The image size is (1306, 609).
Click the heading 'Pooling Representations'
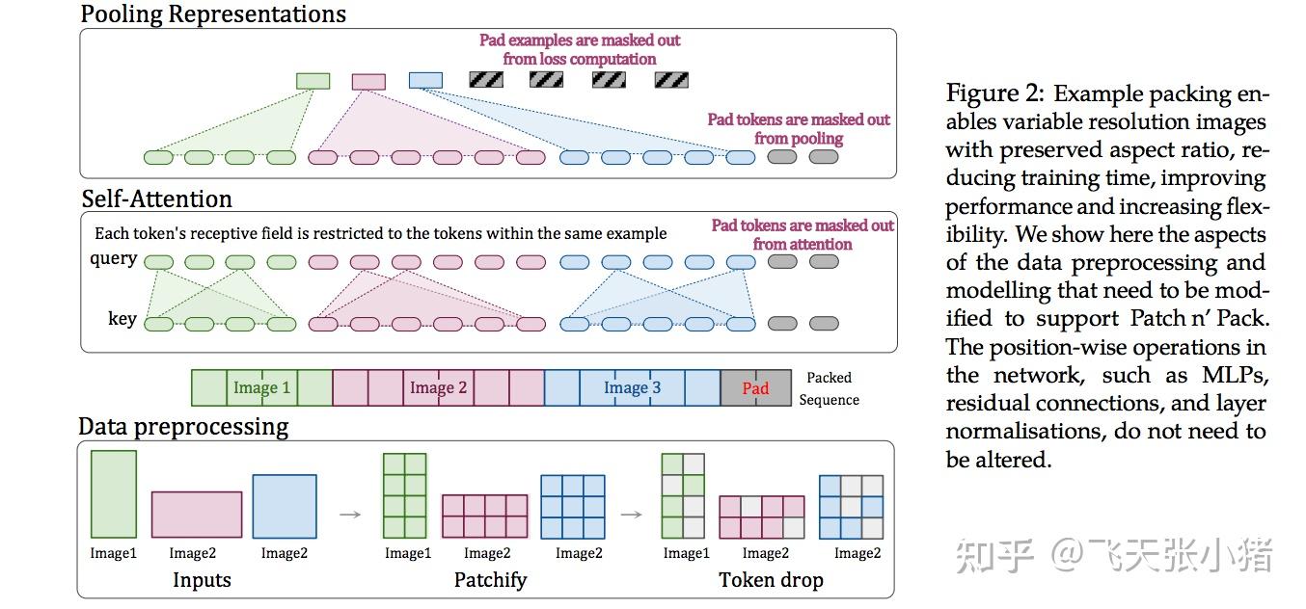click(x=212, y=13)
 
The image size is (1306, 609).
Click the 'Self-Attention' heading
click(x=156, y=199)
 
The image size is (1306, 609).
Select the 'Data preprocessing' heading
click(x=183, y=426)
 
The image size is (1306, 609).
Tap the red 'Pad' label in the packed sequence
click(x=755, y=388)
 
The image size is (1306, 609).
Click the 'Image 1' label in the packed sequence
click(x=261, y=388)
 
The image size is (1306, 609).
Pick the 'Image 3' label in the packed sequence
click(x=632, y=388)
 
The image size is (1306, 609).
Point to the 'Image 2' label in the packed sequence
click(x=438, y=388)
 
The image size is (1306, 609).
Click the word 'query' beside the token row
click(x=114, y=260)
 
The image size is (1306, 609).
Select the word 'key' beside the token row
click(x=122, y=319)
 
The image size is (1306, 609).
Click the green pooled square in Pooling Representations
click(x=313, y=81)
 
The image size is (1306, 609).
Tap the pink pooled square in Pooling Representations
click(x=368, y=82)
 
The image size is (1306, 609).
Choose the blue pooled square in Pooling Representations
click(x=425, y=81)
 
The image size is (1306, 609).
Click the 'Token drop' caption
click(x=772, y=580)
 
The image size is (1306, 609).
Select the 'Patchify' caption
click(x=490, y=580)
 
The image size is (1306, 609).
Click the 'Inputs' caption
click(x=202, y=580)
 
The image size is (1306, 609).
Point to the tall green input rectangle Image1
click(x=113, y=493)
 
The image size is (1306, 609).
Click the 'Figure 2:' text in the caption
click(x=994, y=94)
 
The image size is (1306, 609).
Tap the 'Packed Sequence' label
click(x=829, y=388)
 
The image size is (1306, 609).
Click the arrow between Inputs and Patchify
click(x=350, y=514)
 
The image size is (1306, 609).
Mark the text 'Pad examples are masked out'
click(x=580, y=40)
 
